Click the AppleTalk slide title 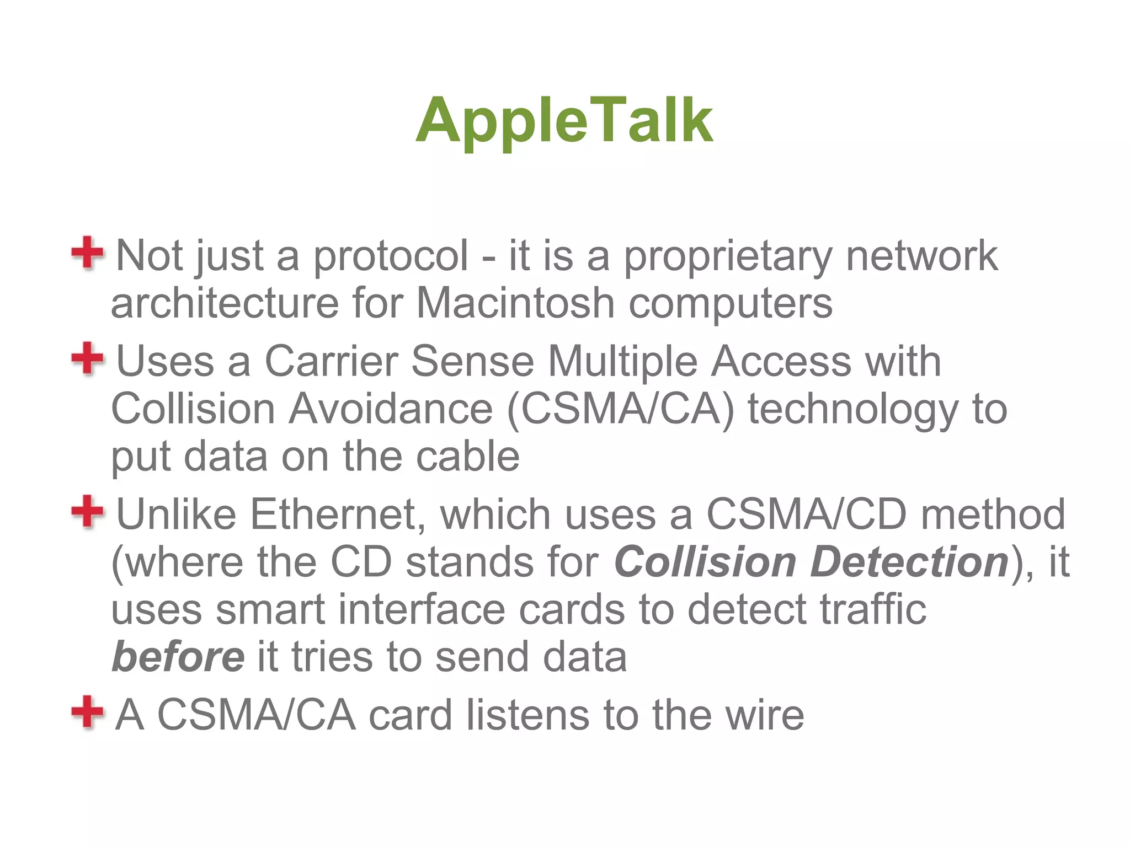564,120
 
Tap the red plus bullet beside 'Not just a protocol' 87,253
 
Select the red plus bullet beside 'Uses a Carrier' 87,358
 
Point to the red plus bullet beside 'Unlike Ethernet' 87,511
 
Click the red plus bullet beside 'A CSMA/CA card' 87,712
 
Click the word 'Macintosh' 515,303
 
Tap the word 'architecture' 225,303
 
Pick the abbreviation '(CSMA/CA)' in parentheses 620,410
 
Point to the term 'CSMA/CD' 806,514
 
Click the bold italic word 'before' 178,657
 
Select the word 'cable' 467,457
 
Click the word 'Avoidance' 391,410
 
